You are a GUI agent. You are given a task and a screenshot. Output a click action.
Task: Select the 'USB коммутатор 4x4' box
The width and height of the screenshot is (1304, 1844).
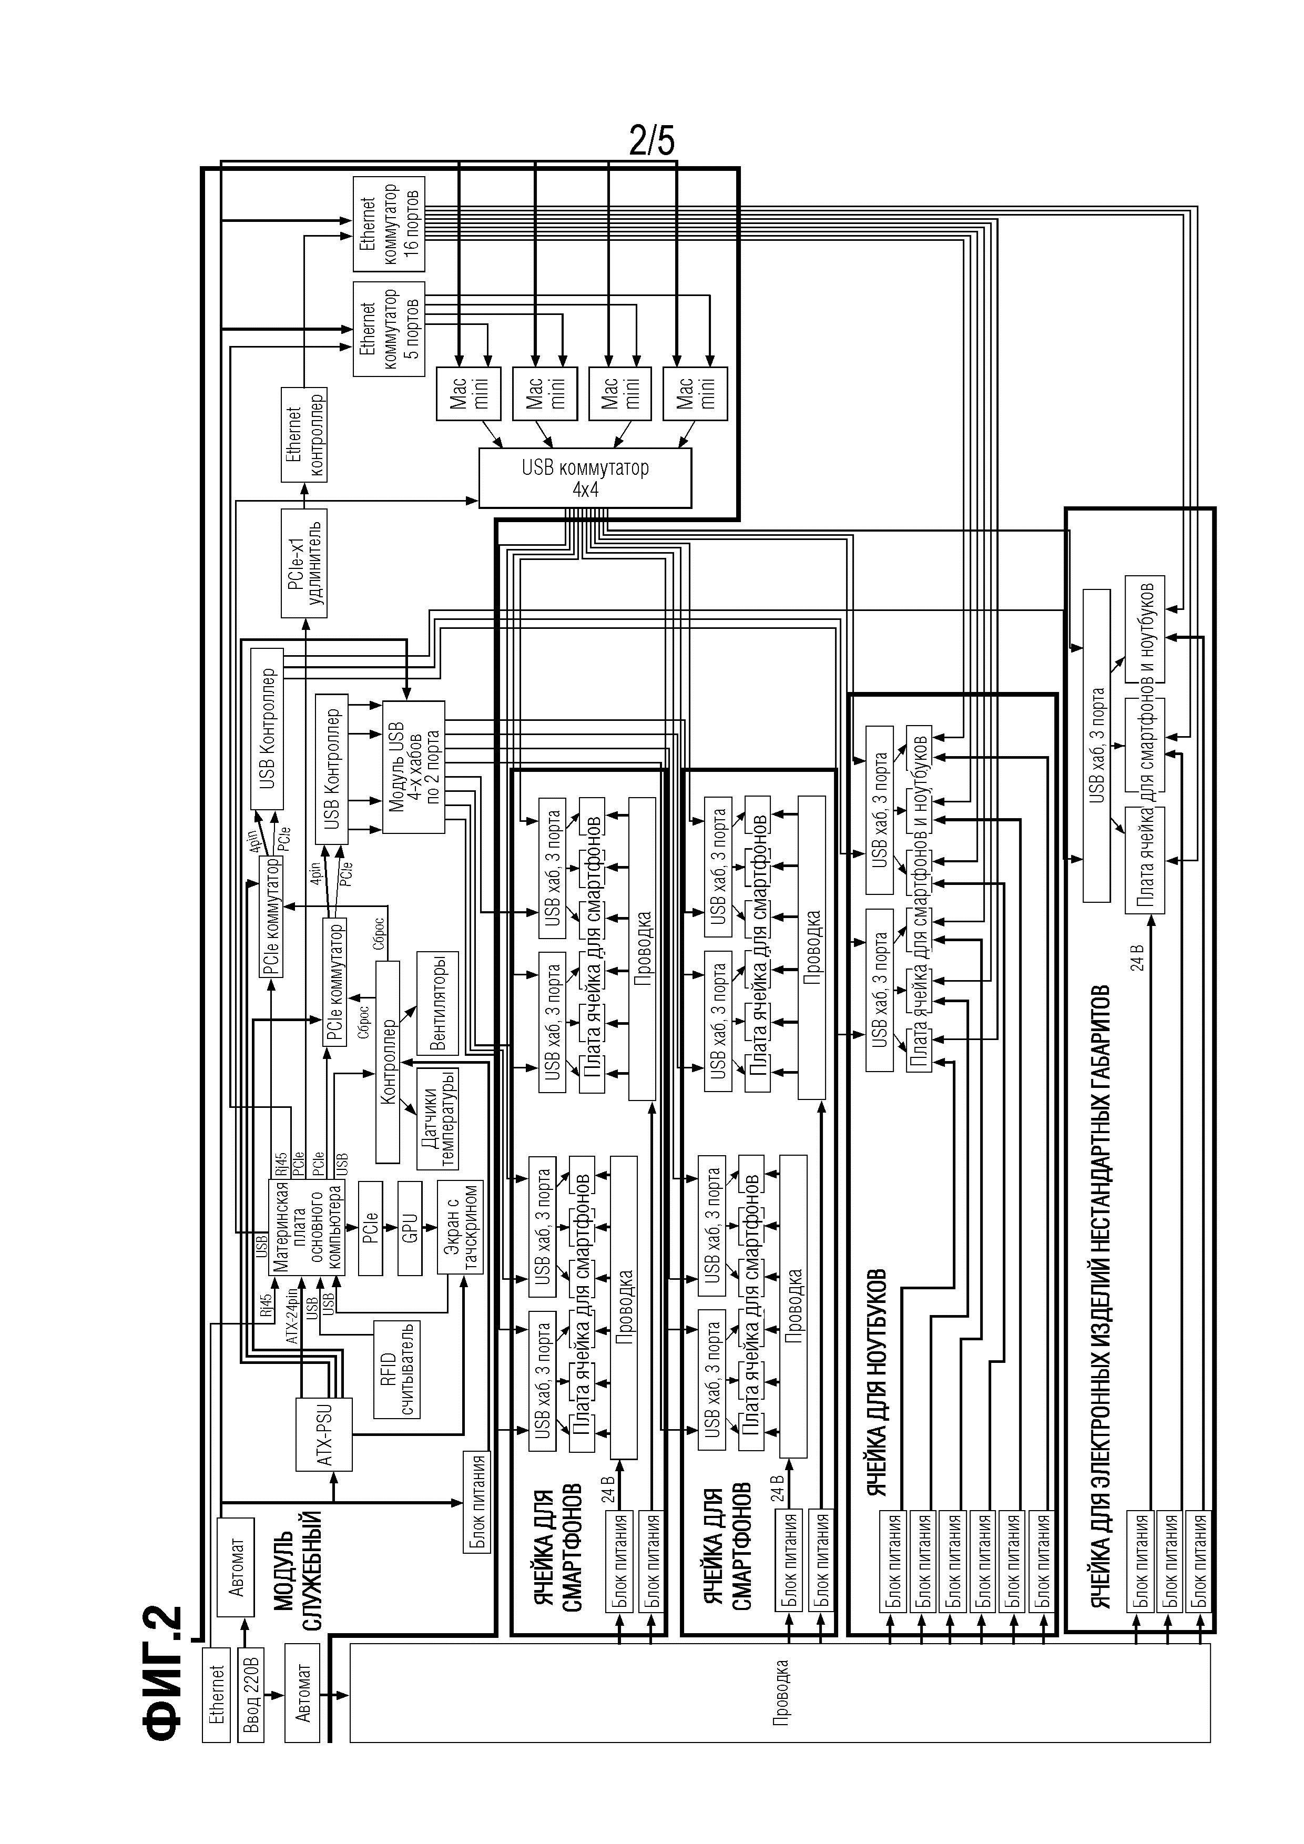coord(585,478)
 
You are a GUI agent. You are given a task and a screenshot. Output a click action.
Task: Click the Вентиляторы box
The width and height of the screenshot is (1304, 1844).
coord(437,1004)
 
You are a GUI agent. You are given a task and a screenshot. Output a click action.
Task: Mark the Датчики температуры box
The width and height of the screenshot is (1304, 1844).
coord(437,1119)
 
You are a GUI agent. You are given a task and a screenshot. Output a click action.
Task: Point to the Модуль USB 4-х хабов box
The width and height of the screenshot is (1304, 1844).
coord(413,767)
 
